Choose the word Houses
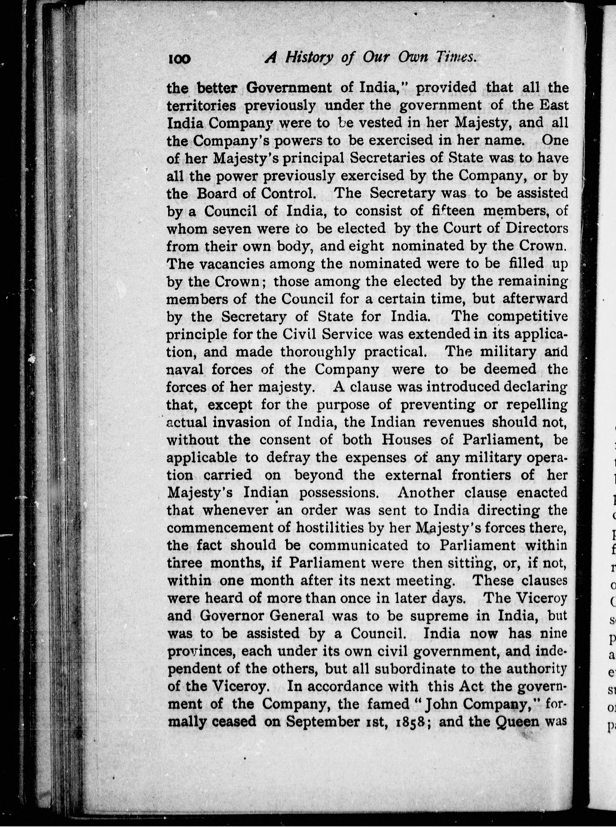pos(406,440)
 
